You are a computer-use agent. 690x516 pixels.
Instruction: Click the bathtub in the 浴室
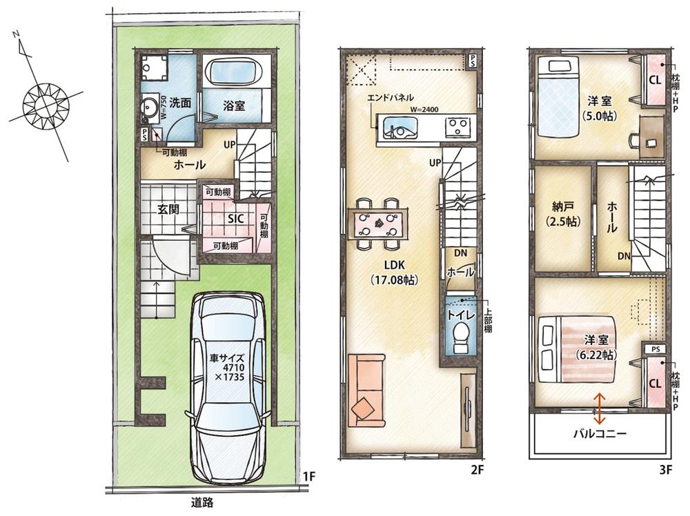[235, 72]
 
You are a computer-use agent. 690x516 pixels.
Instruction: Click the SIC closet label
[236, 219]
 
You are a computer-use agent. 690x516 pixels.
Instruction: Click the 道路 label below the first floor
[202, 502]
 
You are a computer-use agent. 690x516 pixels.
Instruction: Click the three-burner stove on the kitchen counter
[458, 127]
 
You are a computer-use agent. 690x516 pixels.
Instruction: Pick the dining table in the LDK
[378, 224]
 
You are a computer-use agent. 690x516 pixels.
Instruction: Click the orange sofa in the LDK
[366, 390]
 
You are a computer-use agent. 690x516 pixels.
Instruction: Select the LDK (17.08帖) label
[394, 272]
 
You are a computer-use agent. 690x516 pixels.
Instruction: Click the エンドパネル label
[391, 98]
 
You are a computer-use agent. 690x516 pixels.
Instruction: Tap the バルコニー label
[600, 434]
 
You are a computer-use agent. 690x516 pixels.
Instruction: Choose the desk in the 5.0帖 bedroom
[651, 137]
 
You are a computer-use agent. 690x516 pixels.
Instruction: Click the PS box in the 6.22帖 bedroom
[655, 349]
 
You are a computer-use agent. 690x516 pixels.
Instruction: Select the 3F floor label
[666, 470]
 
